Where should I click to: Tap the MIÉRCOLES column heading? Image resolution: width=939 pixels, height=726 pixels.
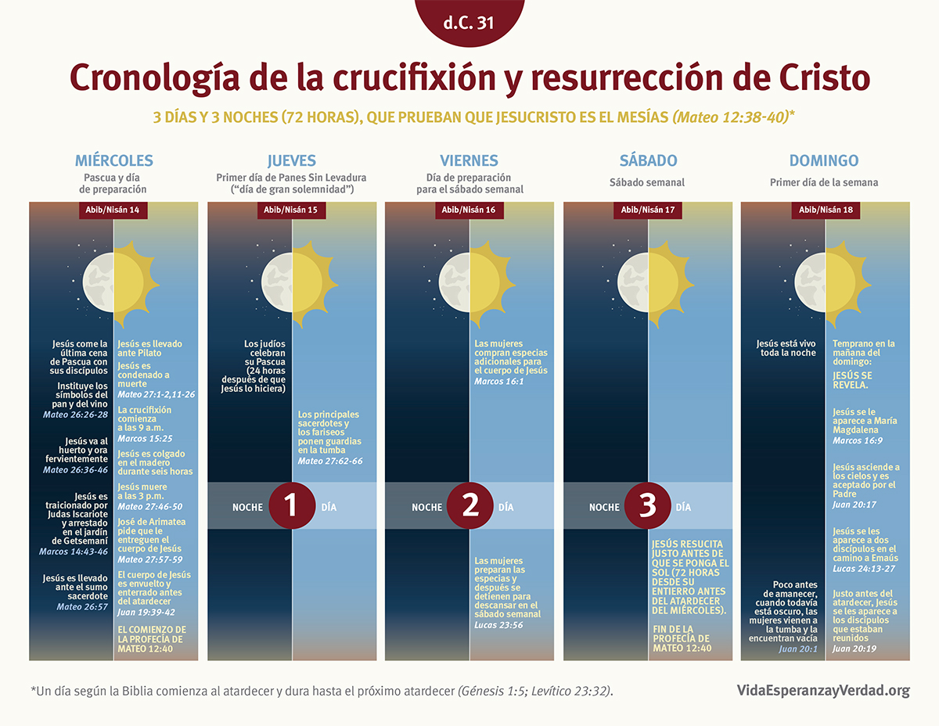tap(113, 161)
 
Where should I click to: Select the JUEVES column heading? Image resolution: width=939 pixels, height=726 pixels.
tap(292, 161)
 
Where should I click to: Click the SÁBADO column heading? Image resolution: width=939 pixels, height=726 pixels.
tap(648, 161)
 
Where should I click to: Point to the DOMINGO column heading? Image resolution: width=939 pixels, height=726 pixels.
tap(823, 161)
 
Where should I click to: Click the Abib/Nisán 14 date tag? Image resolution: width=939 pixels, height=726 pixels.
tap(113, 210)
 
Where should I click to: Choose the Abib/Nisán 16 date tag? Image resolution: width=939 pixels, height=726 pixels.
tap(469, 210)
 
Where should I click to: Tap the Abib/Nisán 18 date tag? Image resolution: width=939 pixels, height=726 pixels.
tap(826, 210)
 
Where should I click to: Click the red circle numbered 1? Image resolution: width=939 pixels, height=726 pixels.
tap(292, 506)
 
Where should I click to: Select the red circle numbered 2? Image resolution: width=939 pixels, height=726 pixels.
tap(470, 506)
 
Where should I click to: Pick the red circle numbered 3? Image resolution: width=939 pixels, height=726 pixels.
tap(648, 506)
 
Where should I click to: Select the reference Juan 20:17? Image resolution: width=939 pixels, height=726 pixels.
tap(854, 505)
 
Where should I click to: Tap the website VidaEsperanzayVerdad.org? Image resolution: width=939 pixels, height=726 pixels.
tap(823, 690)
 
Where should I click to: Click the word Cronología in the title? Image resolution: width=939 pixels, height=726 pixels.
tap(153, 79)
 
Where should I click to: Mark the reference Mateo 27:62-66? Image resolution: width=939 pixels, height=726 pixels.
tap(330, 461)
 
